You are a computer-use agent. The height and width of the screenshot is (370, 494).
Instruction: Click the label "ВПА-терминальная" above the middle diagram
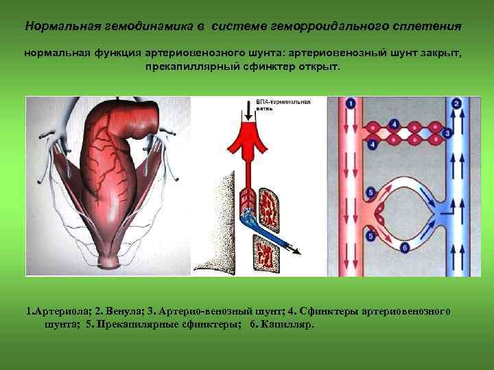coord(283,101)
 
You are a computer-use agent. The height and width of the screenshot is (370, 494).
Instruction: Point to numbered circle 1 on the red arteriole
coord(351,103)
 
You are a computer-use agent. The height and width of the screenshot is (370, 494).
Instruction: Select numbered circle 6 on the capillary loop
coord(405,247)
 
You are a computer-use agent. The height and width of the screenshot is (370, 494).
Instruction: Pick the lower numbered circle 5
coord(370,236)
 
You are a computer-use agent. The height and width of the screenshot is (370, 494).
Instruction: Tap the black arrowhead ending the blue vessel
coord(296,251)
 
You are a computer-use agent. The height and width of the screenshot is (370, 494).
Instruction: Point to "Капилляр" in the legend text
coord(287,324)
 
